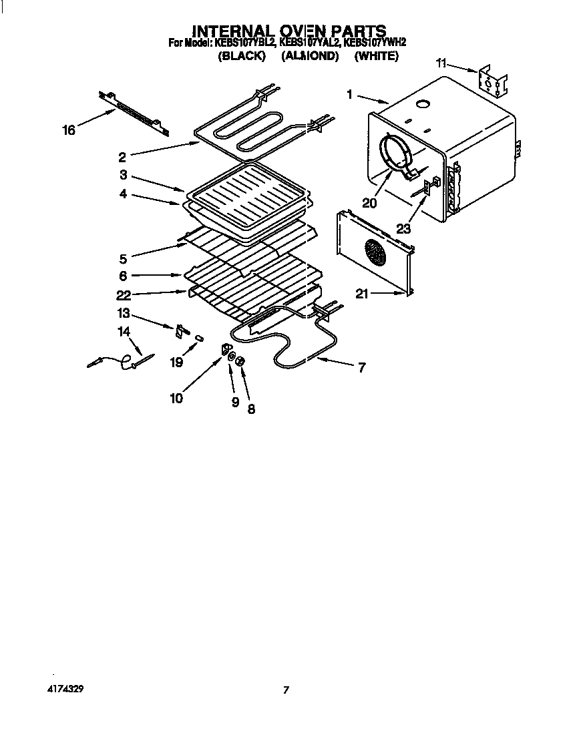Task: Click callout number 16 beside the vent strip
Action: point(69,130)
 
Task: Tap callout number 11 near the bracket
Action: point(441,63)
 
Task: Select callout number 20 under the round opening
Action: point(369,202)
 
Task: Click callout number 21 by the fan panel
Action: point(362,294)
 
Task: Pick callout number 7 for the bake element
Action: point(361,367)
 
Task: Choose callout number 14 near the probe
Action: point(124,331)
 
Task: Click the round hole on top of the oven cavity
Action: point(423,103)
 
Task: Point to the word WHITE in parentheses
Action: point(376,57)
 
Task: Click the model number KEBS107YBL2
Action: point(244,43)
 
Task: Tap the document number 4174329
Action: point(65,687)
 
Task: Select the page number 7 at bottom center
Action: point(286,690)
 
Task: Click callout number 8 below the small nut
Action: point(251,409)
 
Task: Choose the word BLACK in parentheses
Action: point(242,57)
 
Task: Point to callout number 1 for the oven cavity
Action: point(349,95)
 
